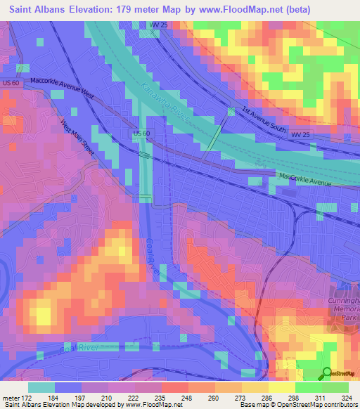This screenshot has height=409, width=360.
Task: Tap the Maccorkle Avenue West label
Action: pos(62,83)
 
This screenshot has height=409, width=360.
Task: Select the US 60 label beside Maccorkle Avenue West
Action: pos(11,84)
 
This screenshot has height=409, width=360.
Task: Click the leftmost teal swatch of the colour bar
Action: pos(41,387)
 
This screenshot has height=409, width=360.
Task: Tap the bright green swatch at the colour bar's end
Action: pos(335,387)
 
